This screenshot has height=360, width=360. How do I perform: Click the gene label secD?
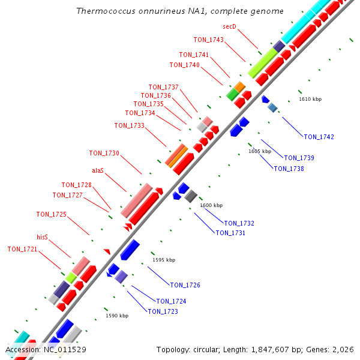(x=229, y=26)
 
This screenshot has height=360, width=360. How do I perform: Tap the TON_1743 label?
(x=208, y=40)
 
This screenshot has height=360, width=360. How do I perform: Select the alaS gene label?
(x=98, y=170)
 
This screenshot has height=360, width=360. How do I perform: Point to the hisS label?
(x=42, y=237)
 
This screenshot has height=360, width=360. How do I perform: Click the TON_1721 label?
(x=22, y=249)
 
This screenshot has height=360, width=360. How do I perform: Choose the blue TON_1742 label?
(x=319, y=137)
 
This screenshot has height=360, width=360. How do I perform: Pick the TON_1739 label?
(x=299, y=158)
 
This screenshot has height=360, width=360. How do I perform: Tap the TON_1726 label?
(x=185, y=285)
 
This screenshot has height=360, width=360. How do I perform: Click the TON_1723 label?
(x=163, y=311)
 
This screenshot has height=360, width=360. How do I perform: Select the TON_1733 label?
(x=130, y=125)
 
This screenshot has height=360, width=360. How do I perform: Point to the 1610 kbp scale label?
(x=310, y=99)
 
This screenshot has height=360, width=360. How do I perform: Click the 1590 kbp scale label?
(x=117, y=316)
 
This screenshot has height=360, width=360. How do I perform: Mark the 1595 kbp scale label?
(x=164, y=260)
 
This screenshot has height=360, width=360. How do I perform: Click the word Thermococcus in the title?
(x=106, y=11)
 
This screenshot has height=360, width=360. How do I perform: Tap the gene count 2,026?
(x=343, y=350)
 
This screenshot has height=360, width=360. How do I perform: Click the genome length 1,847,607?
(x=270, y=350)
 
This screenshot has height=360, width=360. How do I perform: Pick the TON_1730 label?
(x=104, y=153)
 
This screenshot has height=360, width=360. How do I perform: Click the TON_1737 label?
(x=163, y=87)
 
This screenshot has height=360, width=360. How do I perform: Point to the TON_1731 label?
(x=230, y=233)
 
